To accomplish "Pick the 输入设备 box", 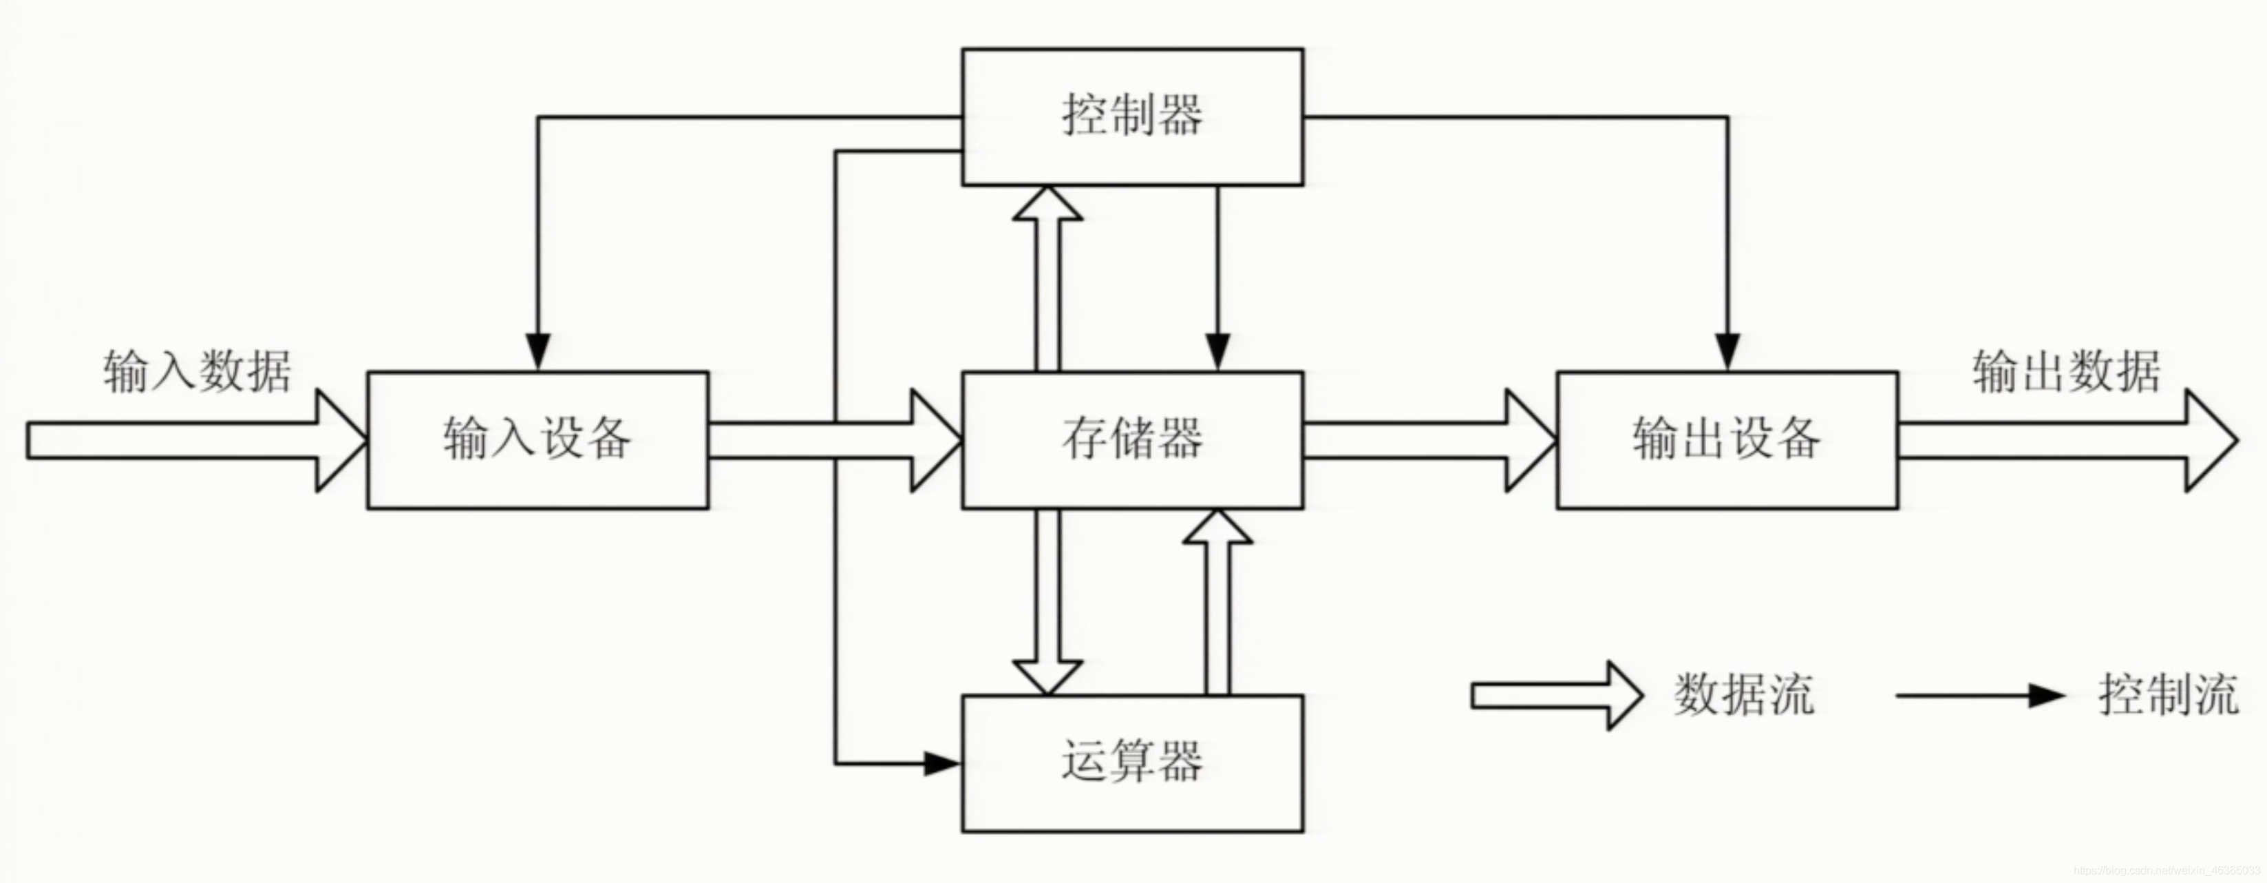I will [537, 439].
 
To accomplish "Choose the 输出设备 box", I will [1727, 439].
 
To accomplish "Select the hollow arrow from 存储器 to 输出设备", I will [1429, 440].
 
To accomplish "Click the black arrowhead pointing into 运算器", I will [941, 763].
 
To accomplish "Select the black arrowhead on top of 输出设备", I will [1727, 351].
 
